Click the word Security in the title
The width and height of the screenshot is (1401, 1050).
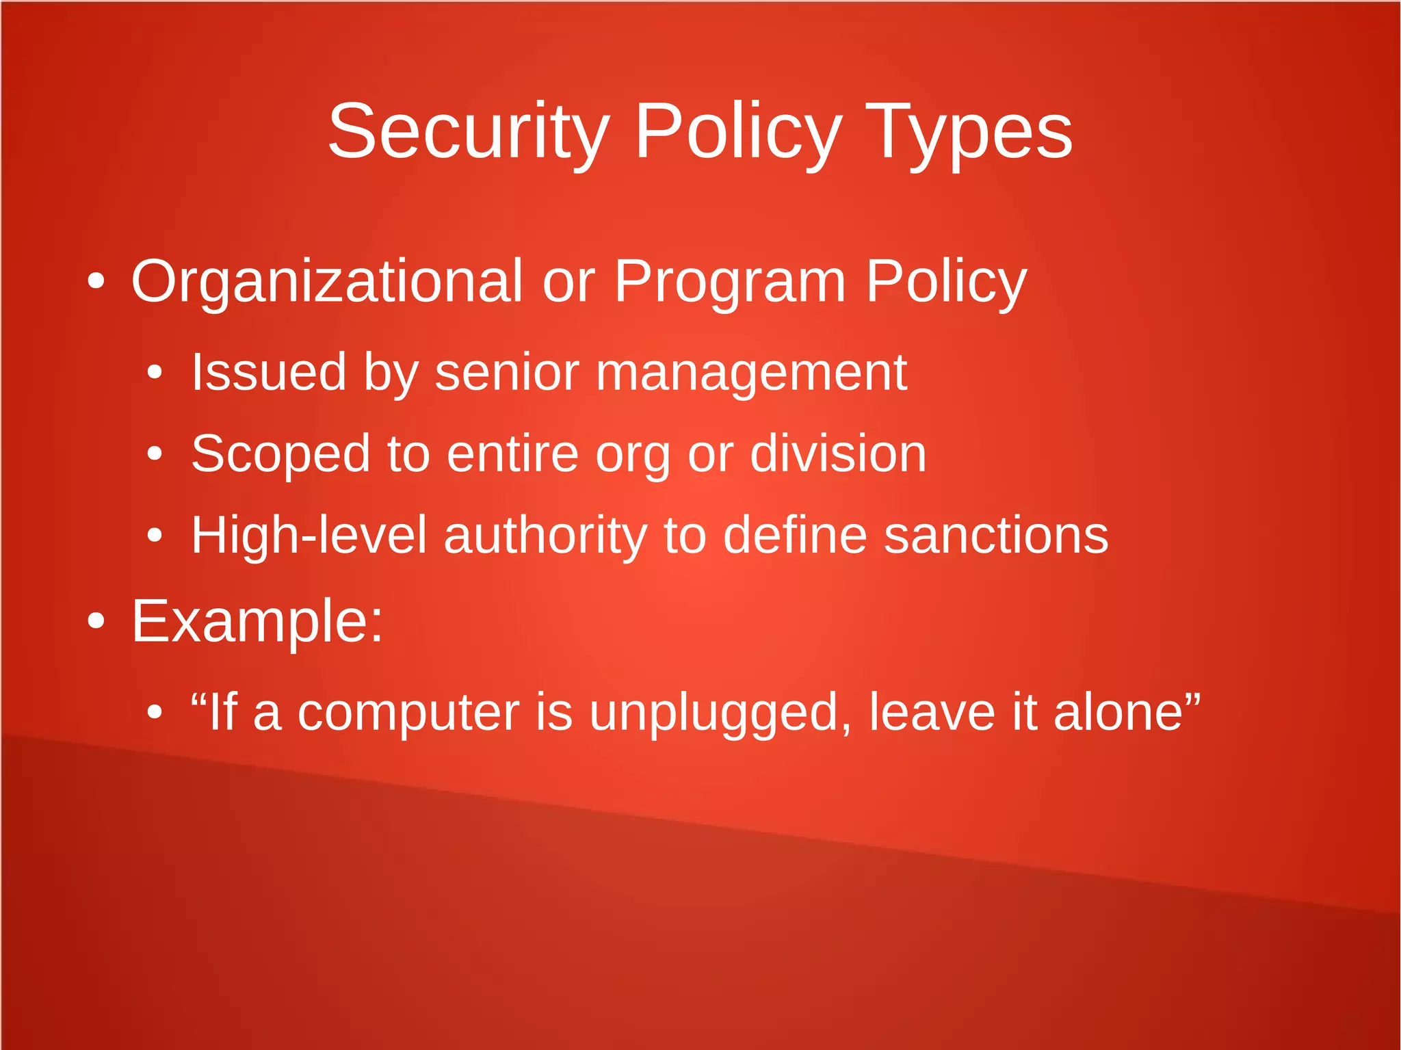(x=469, y=131)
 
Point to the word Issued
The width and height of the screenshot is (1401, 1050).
(x=268, y=373)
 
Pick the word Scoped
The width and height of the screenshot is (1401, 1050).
(x=280, y=454)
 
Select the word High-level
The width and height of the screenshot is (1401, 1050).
(x=309, y=536)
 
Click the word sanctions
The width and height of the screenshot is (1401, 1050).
(x=996, y=536)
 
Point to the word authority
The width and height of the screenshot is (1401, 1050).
(x=545, y=536)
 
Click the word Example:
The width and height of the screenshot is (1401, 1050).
(x=257, y=622)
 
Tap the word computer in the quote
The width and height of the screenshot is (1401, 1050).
(x=408, y=713)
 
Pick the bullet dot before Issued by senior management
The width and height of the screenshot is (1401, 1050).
(x=155, y=372)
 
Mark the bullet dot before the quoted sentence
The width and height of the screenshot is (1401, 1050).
(x=155, y=712)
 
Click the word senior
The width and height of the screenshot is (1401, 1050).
(x=507, y=373)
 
